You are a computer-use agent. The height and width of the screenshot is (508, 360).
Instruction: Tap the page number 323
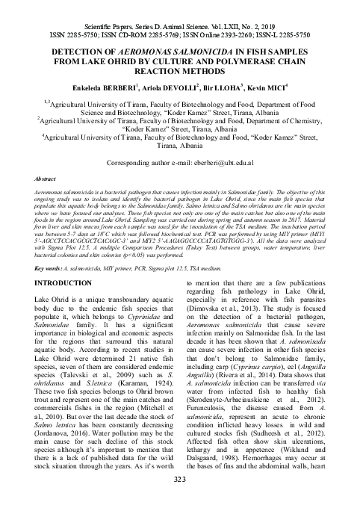180,500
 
